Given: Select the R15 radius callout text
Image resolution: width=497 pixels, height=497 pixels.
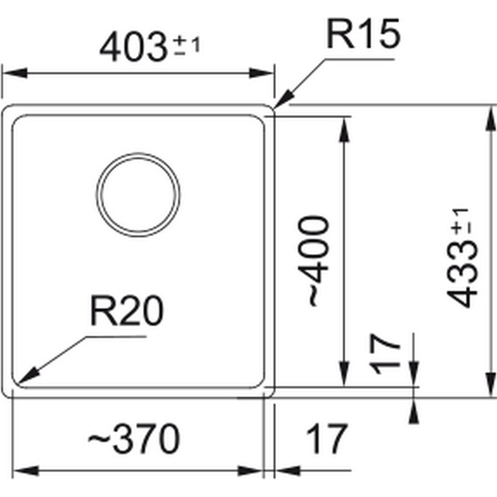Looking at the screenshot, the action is click(363, 34).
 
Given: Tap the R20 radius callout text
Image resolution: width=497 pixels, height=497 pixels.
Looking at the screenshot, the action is click(127, 311).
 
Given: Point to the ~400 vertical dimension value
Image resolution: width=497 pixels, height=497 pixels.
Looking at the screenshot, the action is click(314, 261).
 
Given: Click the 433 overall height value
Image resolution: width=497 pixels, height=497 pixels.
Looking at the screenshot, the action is click(462, 274).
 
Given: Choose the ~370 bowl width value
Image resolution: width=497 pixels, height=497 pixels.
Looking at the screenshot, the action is click(134, 439).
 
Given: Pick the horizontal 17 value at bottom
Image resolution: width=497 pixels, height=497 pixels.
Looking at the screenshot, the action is click(326, 439).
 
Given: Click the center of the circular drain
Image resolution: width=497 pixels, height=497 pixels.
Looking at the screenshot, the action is click(138, 194).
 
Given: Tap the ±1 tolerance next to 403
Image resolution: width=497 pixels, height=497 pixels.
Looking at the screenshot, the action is click(188, 45).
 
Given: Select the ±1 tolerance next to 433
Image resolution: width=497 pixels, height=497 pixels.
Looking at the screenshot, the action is click(462, 222).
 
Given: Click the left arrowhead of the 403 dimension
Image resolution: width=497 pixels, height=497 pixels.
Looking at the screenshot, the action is click(14, 73).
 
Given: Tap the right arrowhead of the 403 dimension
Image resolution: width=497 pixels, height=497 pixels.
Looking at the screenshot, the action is click(261, 73).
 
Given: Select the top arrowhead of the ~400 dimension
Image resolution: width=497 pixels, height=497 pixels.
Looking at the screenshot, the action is click(344, 129).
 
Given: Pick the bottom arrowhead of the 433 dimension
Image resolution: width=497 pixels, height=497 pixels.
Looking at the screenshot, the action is click(491, 384).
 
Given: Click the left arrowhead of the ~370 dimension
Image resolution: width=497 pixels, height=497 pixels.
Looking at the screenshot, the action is click(25, 471).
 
